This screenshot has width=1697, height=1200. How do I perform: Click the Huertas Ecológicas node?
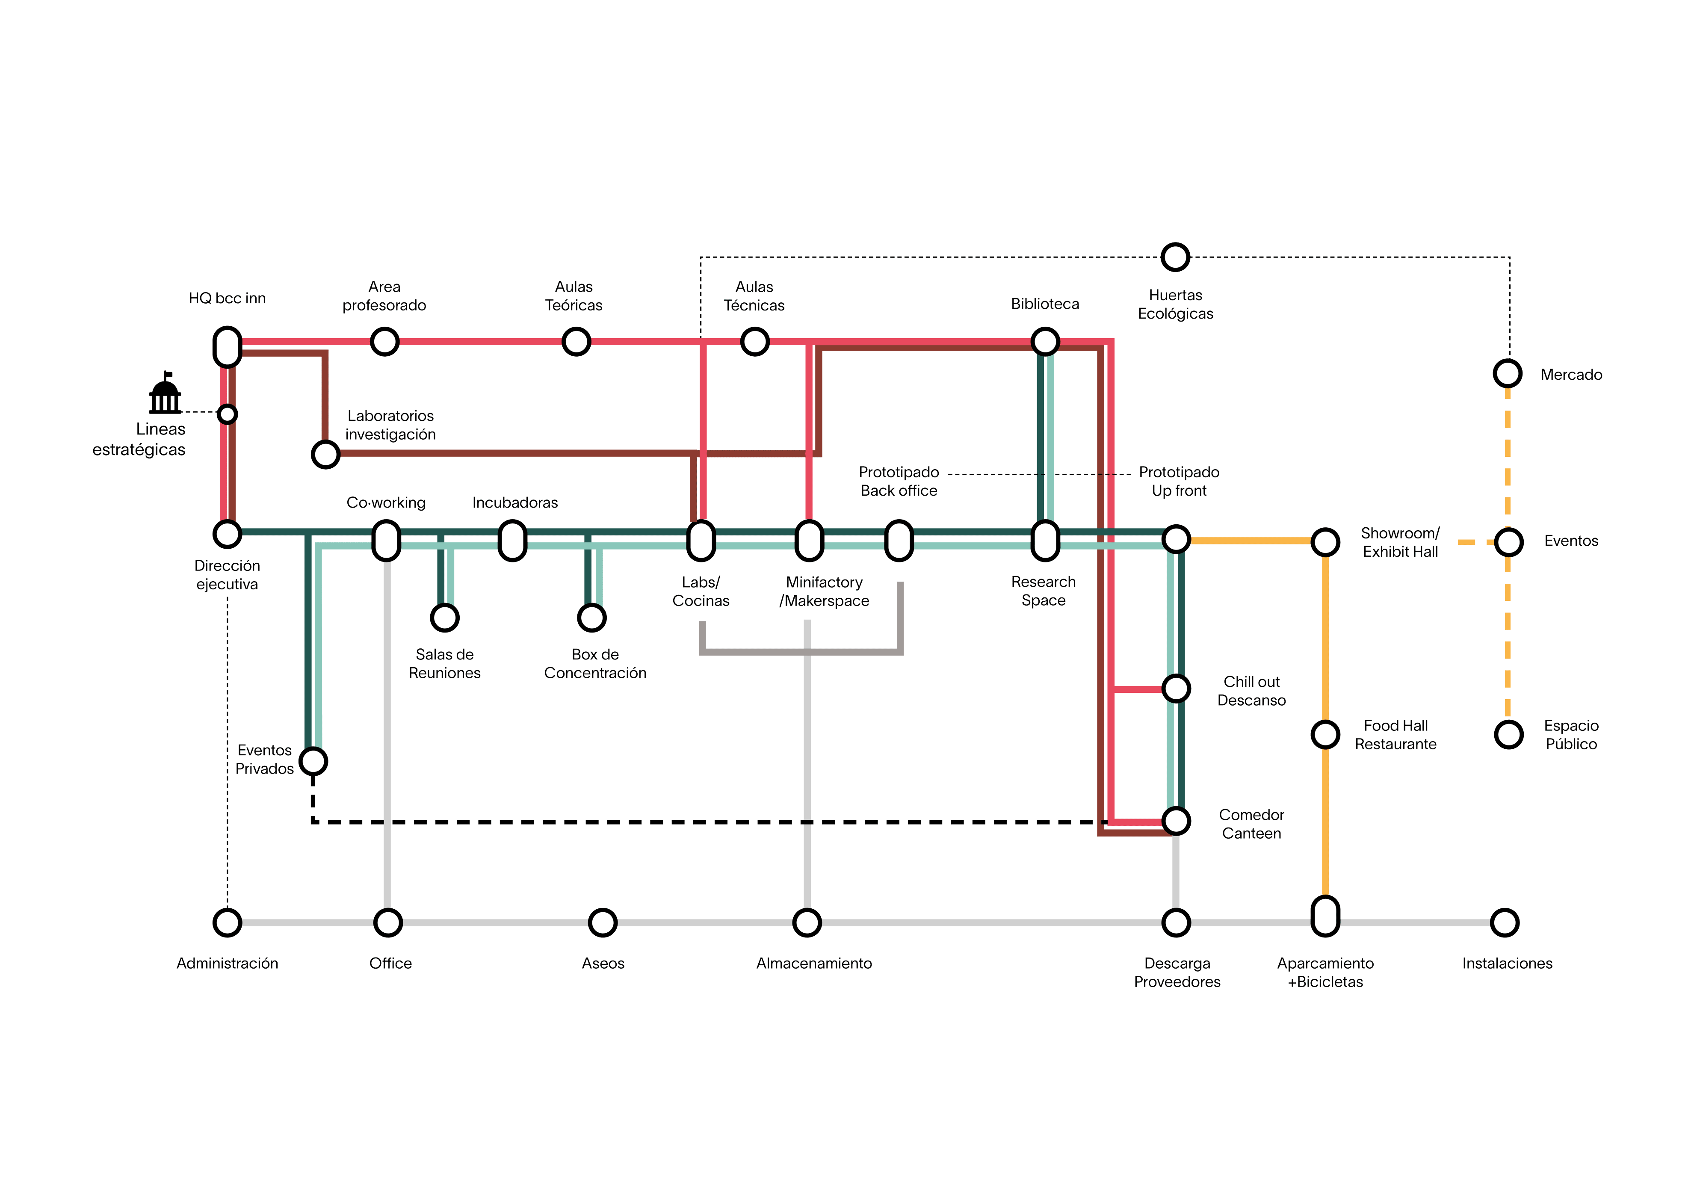1175,257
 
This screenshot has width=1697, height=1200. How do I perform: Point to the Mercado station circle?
1508,373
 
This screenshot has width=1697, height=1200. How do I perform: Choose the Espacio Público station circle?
1508,734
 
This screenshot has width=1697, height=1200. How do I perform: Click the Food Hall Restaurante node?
1325,734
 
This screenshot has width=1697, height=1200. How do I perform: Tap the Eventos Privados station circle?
313,761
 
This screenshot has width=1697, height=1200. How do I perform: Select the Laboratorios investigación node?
325,455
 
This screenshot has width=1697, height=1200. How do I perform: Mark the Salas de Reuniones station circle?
445,617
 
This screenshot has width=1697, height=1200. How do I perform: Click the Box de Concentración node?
592,617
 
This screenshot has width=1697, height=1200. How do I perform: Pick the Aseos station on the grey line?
603,922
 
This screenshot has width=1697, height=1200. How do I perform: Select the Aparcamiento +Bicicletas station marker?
1325,916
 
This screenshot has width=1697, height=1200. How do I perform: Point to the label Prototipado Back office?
899,481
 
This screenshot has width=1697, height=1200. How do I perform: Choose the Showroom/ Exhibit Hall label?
1400,542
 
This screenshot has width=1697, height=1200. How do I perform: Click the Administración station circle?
227,922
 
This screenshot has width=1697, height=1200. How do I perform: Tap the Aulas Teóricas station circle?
576,342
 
